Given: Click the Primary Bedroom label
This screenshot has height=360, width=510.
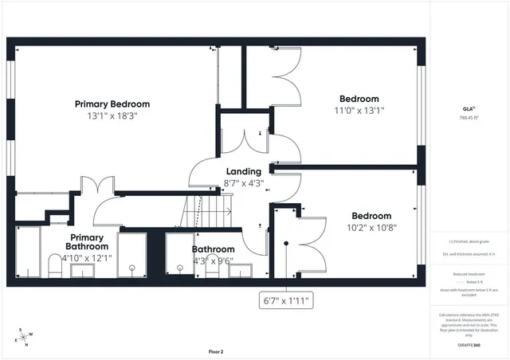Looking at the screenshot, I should pyautogui.click(x=112, y=104).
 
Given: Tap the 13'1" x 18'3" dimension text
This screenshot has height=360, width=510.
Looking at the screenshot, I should pyautogui.click(x=112, y=116).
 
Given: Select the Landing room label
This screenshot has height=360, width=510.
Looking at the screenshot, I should pyautogui.click(x=243, y=172).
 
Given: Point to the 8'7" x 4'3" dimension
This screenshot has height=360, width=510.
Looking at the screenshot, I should pyautogui.click(x=243, y=183).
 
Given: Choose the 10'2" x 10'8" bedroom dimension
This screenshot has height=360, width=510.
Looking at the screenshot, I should pyautogui.click(x=371, y=227).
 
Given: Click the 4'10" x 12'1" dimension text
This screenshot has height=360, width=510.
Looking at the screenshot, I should pyautogui.click(x=87, y=258).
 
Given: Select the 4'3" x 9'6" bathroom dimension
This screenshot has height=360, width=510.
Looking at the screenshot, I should pyautogui.click(x=213, y=260).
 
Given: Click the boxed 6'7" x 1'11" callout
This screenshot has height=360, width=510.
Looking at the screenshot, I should pyautogui.click(x=287, y=300).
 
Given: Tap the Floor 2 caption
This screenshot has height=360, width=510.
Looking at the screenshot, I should pyautogui.click(x=216, y=351).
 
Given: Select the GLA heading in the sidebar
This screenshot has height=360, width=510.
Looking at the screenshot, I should pyautogui.click(x=468, y=109).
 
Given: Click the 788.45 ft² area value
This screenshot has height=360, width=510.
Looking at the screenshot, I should pyautogui.click(x=468, y=118).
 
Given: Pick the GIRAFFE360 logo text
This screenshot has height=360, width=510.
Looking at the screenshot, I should pyautogui.click(x=468, y=345).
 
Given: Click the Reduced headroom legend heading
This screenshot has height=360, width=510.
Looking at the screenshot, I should pyautogui.click(x=468, y=273).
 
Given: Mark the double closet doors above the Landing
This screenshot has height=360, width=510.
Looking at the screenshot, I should pyautogui.click(x=246, y=141).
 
